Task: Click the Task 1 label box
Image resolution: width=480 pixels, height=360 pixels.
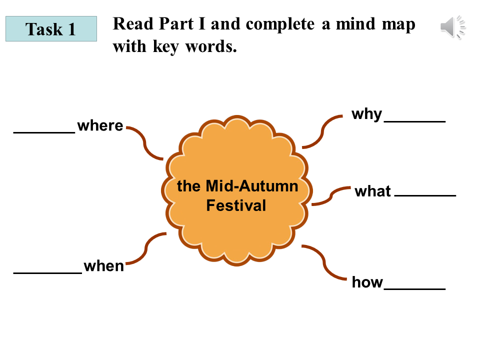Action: coord(51,28)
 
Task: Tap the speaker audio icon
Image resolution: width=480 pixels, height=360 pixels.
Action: coord(453,27)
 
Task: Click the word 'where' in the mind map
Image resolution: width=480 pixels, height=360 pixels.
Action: coord(100,125)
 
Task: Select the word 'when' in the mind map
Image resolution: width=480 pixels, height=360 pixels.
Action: coord(103,266)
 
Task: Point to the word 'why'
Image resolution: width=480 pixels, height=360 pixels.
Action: coord(366,114)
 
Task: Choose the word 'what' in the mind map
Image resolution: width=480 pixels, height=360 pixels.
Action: coord(372,191)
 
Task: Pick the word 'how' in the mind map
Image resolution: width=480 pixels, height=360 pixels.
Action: coord(367,282)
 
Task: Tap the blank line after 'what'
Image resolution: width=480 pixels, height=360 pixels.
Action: coord(425,194)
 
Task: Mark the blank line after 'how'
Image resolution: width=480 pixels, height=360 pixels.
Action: coord(415,289)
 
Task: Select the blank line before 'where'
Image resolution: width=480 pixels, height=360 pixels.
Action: coord(44,132)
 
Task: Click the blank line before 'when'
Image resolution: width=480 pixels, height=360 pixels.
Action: coord(47,273)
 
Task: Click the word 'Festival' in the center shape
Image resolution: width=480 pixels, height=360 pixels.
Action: coord(236,205)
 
